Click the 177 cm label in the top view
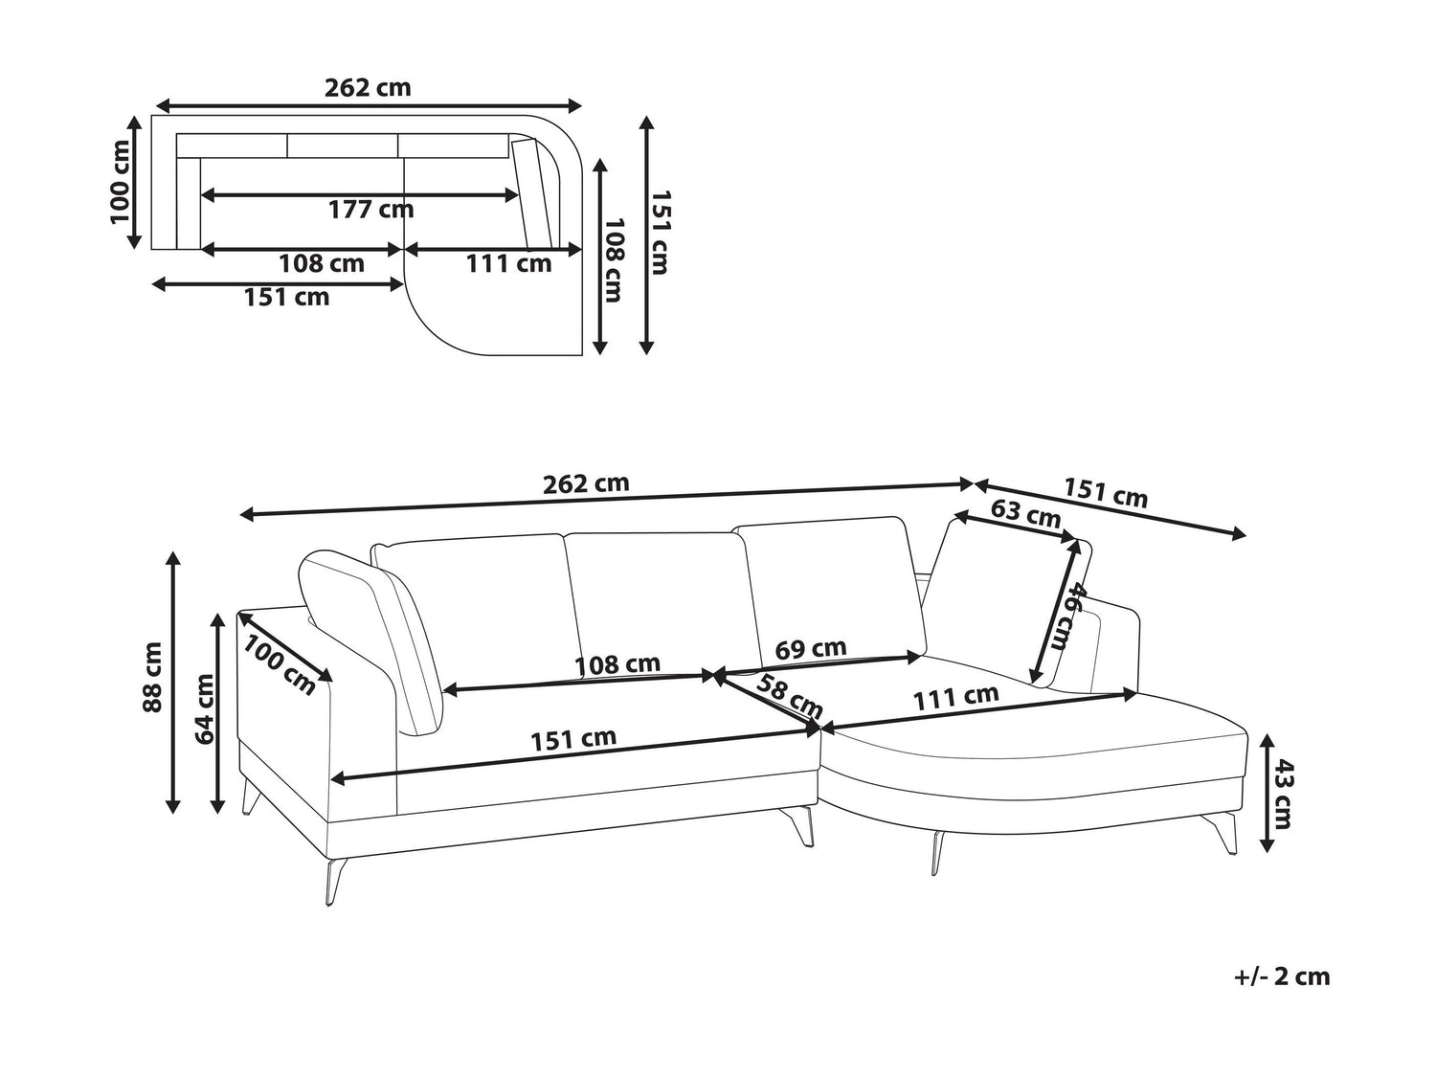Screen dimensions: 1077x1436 click(x=371, y=210)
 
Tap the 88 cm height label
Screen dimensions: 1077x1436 click(x=151, y=677)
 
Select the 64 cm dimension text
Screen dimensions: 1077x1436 click(x=204, y=709)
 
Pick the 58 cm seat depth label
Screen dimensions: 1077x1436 click(x=789, y=696)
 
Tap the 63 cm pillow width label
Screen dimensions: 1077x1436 click(x=1025, y=514)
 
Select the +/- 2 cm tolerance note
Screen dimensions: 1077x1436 click(x=1282, y=976)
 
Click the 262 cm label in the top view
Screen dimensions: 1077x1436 click(x=368, y=88)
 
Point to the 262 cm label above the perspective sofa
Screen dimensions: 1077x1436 click(x=586, y=483)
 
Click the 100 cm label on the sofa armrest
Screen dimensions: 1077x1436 click(x=279, y=665)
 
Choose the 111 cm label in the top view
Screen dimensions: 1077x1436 click(x=509, y=263)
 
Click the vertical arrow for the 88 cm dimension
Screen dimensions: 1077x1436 click(x=173, y=682)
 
